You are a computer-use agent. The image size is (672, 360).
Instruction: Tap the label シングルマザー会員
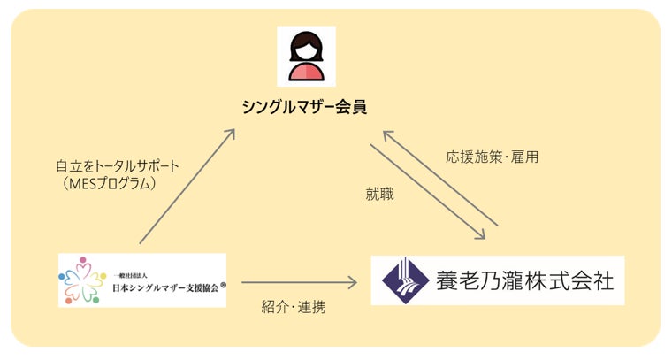305,107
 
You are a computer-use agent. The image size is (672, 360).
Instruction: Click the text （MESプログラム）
111,183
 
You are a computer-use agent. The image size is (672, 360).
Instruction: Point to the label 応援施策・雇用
492,157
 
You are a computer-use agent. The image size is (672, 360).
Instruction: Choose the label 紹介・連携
293,308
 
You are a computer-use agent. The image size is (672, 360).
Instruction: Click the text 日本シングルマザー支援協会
164,287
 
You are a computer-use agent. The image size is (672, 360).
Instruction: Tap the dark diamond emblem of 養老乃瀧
403,280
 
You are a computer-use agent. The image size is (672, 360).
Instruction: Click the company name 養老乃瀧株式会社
523,280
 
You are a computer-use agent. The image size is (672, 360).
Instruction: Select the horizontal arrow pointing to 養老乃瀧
299,283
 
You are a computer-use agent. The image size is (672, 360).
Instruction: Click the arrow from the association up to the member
187,186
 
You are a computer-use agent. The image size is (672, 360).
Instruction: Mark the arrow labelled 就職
427,191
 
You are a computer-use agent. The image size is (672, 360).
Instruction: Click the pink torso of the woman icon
306,72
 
